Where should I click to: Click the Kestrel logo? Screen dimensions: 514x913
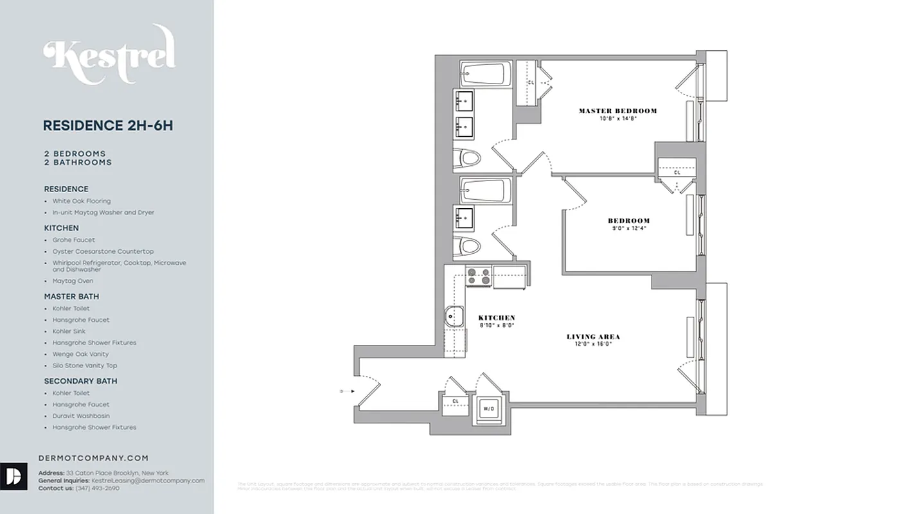[x=109, y=55]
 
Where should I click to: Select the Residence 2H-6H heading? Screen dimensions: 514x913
[x=107, y=125]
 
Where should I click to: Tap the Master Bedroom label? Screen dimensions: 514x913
[x=617, y=111]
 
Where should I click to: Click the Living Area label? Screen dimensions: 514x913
[x=593, y=337]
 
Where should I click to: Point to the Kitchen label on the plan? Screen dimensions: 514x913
[x=497, y=318]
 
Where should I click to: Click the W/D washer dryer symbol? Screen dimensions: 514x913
[x=489, y=409]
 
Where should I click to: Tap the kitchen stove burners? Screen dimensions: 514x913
[x=478, y=276]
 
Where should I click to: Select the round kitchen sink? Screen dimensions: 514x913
[x=455, y=315]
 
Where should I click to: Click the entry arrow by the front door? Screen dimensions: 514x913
[x=345, y=390]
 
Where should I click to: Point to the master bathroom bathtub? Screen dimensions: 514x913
[x=486, y=74]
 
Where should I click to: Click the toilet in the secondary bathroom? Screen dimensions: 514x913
[x=467, y=245]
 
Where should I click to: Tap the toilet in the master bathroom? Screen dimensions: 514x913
[x=467, y=157]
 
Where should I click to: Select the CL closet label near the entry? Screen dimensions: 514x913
[x=455, y=402]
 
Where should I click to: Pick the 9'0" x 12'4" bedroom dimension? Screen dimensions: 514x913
[x=628, y=228]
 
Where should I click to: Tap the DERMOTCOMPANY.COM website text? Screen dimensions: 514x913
[x=93, y=458]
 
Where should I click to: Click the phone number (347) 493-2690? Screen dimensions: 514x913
[x=97, y=488]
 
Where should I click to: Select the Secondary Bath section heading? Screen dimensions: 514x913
[x=80, y=381]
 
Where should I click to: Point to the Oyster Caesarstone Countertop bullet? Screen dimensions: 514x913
[x=103, y=251]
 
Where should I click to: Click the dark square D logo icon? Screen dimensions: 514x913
[x=13, y=476]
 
